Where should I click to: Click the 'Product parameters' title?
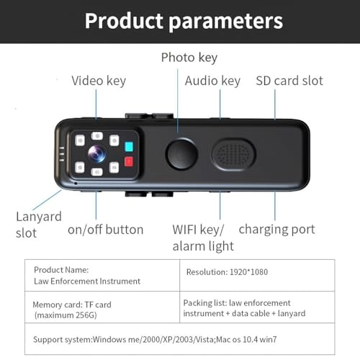pos(184,21)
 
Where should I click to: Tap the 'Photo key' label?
pos(189,58)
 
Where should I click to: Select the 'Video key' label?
pos(99,81)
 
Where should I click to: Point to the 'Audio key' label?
pos(212,81)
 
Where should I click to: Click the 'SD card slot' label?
pos(289,81)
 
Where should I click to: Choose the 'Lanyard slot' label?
pos(39,225)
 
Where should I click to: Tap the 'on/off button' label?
pos(106,230)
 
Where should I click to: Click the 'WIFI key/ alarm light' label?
pos(203,238)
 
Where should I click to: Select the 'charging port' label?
pos(276,230)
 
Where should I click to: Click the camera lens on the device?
pos(97,153)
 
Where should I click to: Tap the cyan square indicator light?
pos(129,147)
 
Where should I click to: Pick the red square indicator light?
pos(129,161)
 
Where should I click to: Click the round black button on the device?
pos(181,154)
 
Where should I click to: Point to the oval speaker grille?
pos(233,154)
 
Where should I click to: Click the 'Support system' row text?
pos(155,339)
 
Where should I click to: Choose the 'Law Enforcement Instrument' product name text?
pos(87,281)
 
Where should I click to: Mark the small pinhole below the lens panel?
pos(76,184)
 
